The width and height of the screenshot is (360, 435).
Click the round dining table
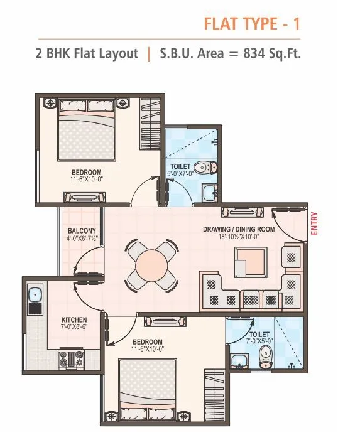pos(150,266)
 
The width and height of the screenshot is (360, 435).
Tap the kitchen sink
pos(35,295)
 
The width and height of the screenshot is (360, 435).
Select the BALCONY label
pos(82,230)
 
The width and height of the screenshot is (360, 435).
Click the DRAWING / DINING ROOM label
pos(239,229)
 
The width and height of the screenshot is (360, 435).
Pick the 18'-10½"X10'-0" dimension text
pos(239,237)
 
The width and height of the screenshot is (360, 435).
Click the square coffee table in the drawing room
pos(251,262)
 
